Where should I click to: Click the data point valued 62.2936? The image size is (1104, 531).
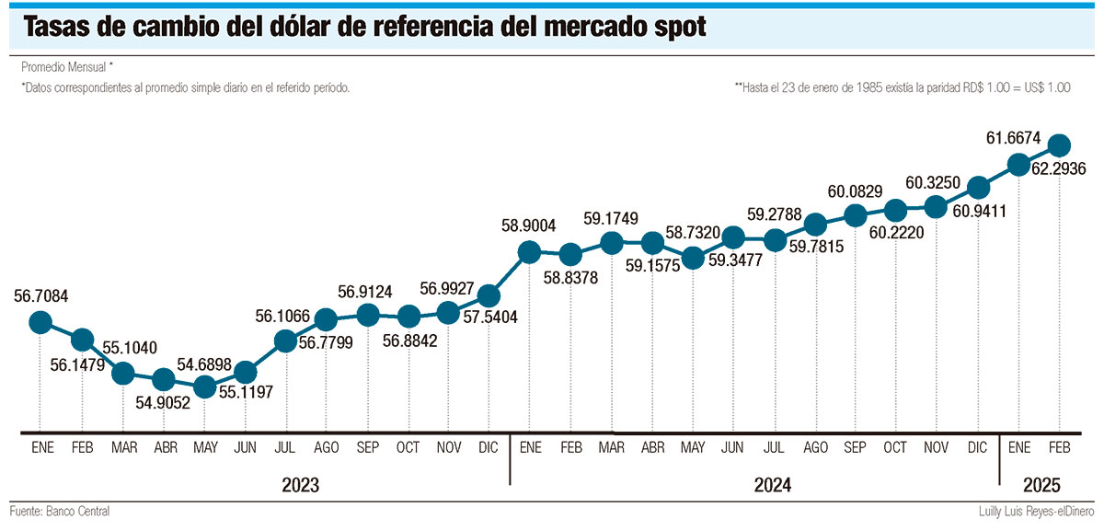tap(1059, 144)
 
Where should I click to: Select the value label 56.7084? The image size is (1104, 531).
tap(40, 296)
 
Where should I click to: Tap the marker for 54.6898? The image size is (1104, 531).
tap(204, 388)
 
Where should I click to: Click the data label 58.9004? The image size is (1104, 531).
tap(529, 225)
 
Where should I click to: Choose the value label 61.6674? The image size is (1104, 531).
tap(1013, 139)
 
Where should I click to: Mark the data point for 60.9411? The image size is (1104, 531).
tap(978, 188)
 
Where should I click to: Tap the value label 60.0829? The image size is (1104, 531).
tap(855, 191)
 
